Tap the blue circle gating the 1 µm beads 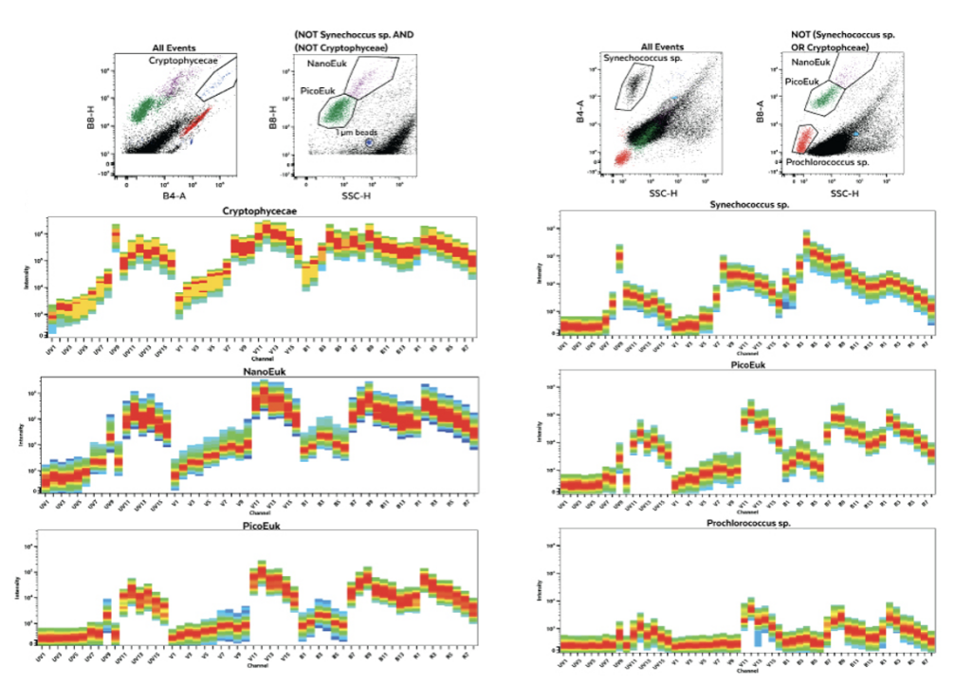[x=369, y=143]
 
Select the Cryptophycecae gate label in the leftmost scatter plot [x=178, y=60]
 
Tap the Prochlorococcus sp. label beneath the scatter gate [x=829, y=162]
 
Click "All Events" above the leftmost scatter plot [x=174, y=47]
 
